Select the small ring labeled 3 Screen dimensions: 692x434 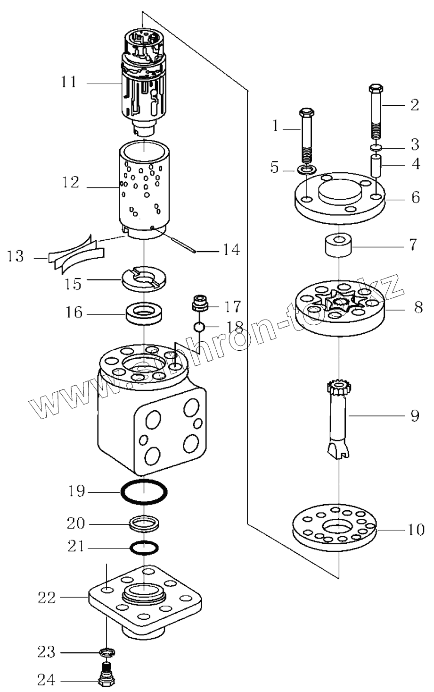pyautogui.click(x=376, y=148)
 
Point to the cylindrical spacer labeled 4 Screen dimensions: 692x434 pyautogui.click(x=376, y=167)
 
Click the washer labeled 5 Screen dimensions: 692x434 pyautogui.click(x=307, y=169)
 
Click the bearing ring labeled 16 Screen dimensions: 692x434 pyautogui.click(x=142, y=313)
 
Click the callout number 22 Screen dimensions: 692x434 pyautogui.click(x=47, y=598)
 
